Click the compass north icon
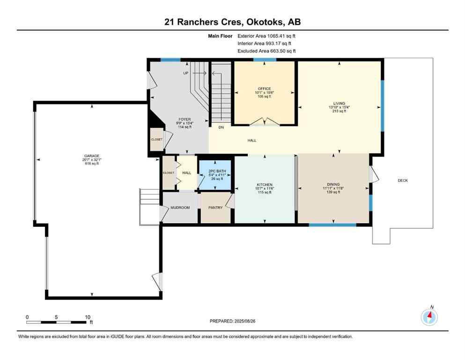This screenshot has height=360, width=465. pos(429,317)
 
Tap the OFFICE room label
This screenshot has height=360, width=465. pos(264,89)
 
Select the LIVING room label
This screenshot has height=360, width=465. pos(340,103)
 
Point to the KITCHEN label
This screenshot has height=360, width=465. pos(265,185)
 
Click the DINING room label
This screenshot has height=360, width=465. pos(333,184)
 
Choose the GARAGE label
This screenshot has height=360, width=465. pos(92,156)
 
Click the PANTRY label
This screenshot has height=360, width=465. pos(215,208)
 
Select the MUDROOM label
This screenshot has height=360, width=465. pos(180,208)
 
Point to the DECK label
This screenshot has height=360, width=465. pos(403,180)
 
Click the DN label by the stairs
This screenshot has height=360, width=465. pos(221,127)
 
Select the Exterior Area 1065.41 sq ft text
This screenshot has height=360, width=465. pos(266,35)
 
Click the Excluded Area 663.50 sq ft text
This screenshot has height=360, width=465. pos(266,51)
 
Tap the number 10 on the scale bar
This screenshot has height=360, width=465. pos(87,317)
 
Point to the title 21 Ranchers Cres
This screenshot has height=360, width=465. pos(197,22)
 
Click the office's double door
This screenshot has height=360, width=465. pos(265,122)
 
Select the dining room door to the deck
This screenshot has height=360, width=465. pos(373,174)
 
